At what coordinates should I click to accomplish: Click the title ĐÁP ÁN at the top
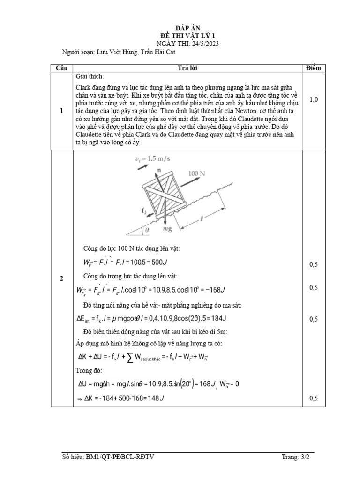(180, 29)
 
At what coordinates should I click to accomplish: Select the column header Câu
(61, 68)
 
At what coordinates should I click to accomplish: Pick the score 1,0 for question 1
(314, 99)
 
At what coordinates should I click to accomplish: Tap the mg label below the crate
(168, 229)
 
